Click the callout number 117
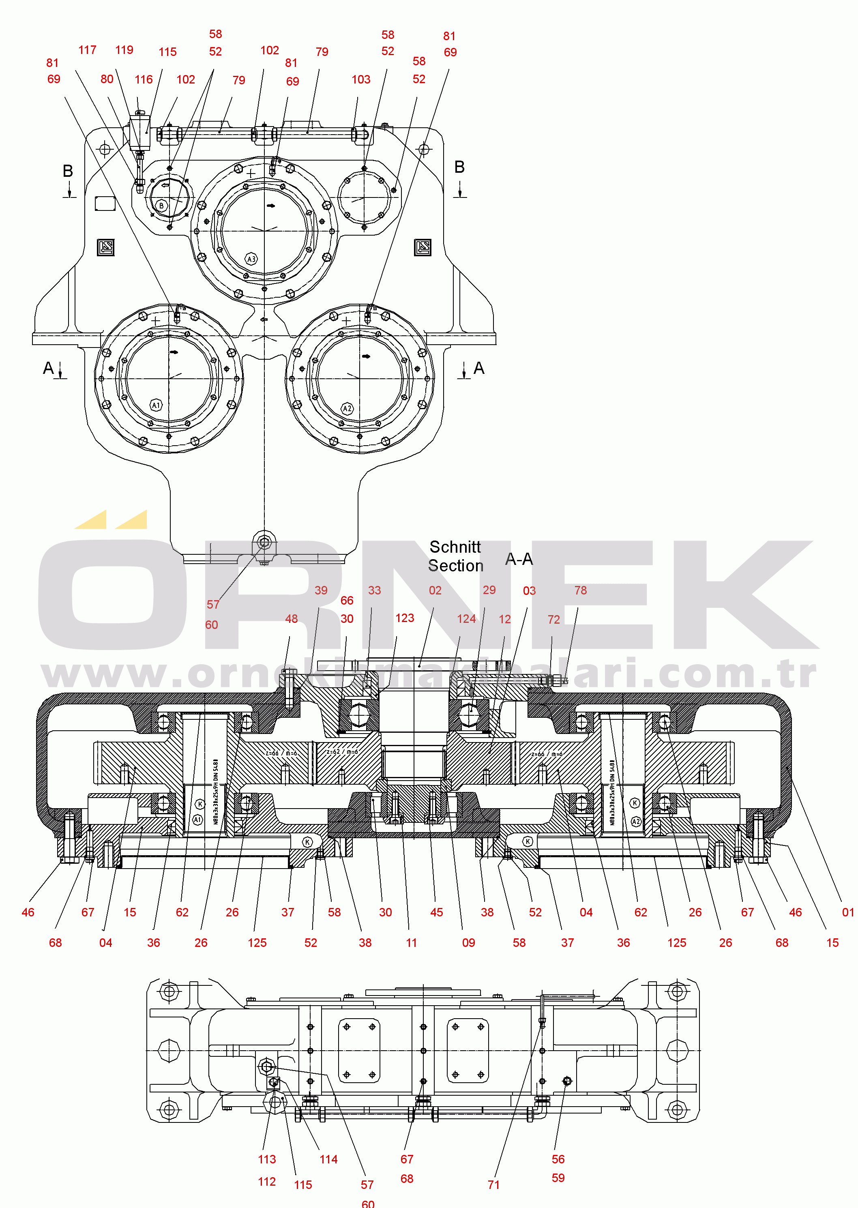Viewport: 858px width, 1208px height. pyautogui.click(x=87, y=50)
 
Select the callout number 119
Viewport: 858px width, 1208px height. pyautogui.click(x=124, y=50)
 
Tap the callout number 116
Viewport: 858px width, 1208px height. pyautogui.click(x=143, y=80)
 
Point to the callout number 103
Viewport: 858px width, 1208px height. pyautogui.click(x=361, y=80)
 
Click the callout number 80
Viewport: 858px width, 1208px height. pyautogui.click(x=107, y=79)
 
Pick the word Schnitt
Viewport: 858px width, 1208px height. pyautogui.click(x=455, y=547)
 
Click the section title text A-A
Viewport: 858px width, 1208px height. pyautogui.click(x=519, y=559)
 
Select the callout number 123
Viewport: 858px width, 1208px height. pyautogui.click(x=405, y=618)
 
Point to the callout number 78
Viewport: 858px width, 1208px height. pyautogui.click(x=580, y=590)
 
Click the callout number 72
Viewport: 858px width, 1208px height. pyautogui.click(x=553, y=620)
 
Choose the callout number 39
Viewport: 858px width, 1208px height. pyautogui.click(x=321, y=590)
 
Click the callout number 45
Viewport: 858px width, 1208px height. pyautogui.click(x=436, y=913)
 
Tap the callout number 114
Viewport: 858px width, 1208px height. pyautogui.click(x=328, y=1159)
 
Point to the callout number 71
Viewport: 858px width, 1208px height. pyautogui.click(x=493, y=1185)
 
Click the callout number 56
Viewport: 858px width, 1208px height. pyautogui.click(x=558, y=1159)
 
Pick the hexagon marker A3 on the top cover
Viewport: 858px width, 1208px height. pyautogui.click(x=251, y=259)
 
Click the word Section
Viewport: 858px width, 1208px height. pyautogui.click(x=455, y=566)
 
